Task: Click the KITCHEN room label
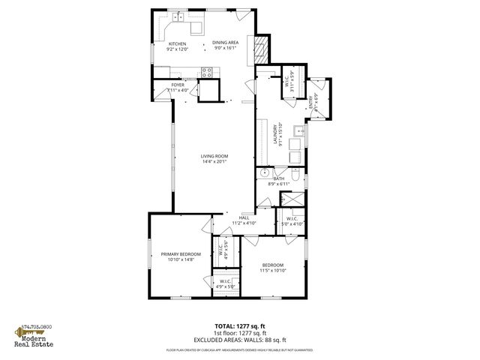[177, 43]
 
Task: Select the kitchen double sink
[178, 16]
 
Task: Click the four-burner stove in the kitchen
[206, 72]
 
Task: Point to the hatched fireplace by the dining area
[260, 49]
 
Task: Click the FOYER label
[178, 85]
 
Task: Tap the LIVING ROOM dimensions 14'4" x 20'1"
[213, 161]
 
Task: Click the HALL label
[244, 217]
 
